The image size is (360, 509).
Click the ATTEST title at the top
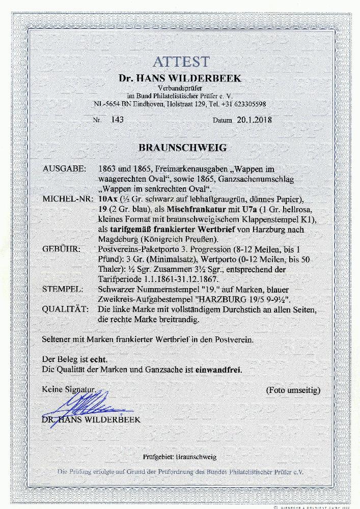[181, 62]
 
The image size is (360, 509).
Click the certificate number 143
[110, 120]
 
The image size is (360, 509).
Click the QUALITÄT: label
[66, 309]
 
